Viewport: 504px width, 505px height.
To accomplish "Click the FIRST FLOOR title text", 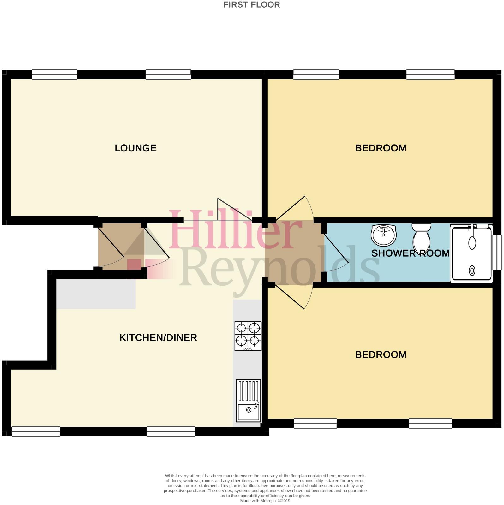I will (251, 5).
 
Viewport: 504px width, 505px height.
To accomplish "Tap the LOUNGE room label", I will (135, 148).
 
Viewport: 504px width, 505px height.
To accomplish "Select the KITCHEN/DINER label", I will (158, 338).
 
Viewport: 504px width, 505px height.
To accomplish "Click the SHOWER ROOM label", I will (410, 253).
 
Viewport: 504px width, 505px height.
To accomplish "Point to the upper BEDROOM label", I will (381, 148).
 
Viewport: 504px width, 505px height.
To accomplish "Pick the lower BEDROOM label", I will (381, 354).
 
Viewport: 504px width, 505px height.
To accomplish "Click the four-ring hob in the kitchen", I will (248, 336).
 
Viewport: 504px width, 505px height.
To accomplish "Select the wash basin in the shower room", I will (383, 235).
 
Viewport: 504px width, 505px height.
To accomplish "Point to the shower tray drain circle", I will (472, 270).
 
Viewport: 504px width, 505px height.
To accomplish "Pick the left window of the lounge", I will (54, 74).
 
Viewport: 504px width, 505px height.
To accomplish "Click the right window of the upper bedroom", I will (430, 74).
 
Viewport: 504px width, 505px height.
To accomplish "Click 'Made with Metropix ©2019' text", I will (265, 501).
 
